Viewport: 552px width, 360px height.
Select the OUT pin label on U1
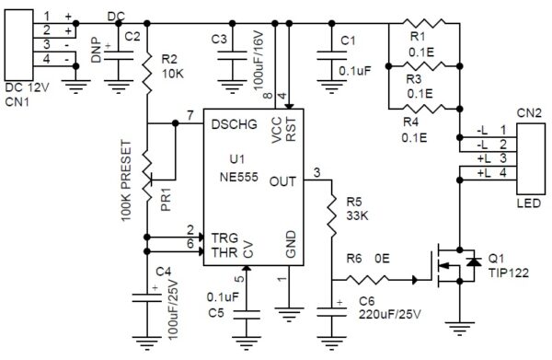[x=282, y=182]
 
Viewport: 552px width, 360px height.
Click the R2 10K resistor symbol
[x=147, y=72]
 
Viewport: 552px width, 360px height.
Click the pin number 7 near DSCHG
[x=190, y=115]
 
